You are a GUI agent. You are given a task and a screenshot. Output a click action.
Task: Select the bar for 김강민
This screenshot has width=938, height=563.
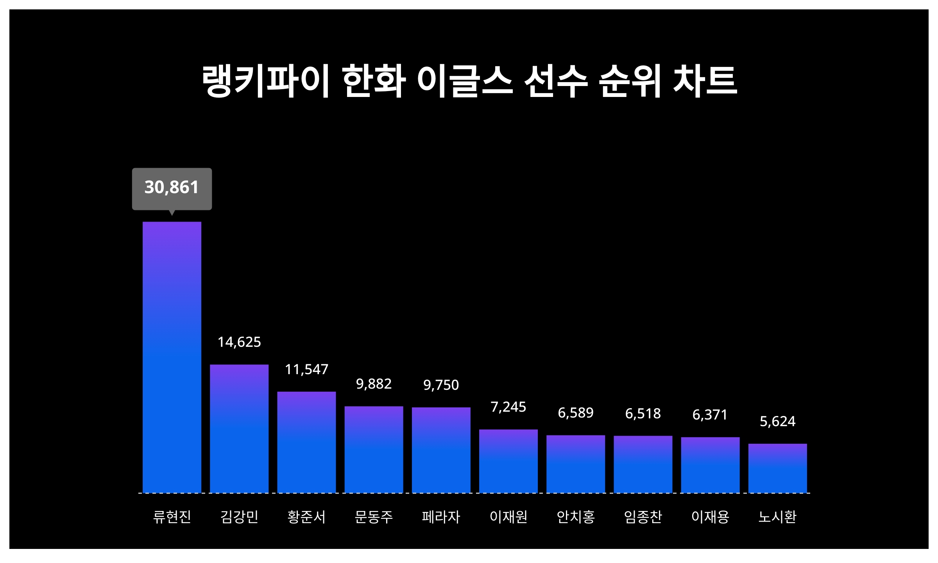pyautogui.click(x=239, y=429)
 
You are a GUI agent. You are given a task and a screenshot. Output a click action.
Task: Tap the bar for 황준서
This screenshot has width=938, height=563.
pyautogui.click(x=306, y=442)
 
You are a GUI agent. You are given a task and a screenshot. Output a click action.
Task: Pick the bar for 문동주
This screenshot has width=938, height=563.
pyautogui.click(x=374, y=450)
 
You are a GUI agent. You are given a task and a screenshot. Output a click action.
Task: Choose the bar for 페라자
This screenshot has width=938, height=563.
pyautogui.click(x=441, y=450)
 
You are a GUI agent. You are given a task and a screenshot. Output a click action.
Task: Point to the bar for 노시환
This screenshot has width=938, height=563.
pyautogui.click(x=777, y=468)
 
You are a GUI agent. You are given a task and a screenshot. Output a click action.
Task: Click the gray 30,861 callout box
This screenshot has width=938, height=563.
pyautogui.click(x=172, y=188)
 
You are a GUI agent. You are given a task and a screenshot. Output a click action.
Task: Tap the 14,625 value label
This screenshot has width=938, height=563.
pyautogui.click(x=239, y=342)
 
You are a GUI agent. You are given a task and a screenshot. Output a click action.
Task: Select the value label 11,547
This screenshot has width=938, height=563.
pyautogui.click(x=306, y=369)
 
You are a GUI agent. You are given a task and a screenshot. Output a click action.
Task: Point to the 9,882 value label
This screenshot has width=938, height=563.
pyautogui.click(x=374, y=384)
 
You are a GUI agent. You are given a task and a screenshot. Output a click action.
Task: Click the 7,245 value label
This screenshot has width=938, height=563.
pyautogui.click(x=508, y=407)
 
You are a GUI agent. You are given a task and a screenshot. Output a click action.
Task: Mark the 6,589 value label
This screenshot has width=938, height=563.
pyautogui.click(x=576, y=413)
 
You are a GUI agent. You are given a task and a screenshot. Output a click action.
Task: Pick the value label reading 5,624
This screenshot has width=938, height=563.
pyautogui.click(x=777, y=421)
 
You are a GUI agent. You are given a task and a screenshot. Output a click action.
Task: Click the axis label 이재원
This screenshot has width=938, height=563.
pyautogui.click(x=508, y=517)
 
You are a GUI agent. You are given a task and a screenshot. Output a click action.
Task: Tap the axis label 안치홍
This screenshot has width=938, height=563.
pyautogui.click(x=576, y=517)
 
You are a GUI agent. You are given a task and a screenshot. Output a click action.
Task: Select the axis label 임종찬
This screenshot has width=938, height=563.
pyautogui.click(x=643, y=517)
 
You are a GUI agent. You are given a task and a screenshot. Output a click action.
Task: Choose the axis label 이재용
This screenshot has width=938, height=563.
pyautogui.click(x=710, y=517)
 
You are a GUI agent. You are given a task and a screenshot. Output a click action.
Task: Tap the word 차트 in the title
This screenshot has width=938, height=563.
pyautogui.click(x=705, y=81)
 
